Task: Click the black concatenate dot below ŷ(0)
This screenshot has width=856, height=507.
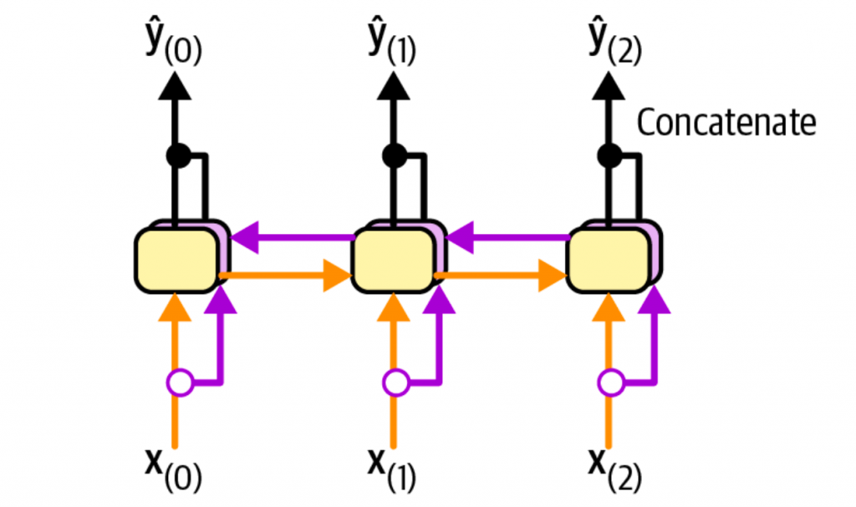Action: pyautogui.click(x=177, y=155)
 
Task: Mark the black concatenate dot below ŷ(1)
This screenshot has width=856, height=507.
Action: pyautogui.click(x=394, y=155)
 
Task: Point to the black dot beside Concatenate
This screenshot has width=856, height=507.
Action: pyautogui.click(x=610, y=155)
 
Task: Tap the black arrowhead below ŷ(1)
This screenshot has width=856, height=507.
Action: pyautogui.click(x=394, y=84)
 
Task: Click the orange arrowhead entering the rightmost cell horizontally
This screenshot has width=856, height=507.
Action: pyautogui.click(x=553, y=276)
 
